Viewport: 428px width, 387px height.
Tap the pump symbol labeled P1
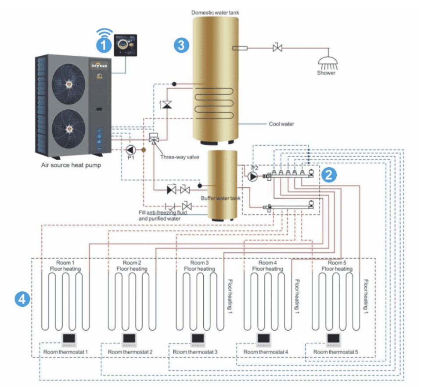pos(131,150)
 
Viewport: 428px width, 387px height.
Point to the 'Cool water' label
pos(281,124)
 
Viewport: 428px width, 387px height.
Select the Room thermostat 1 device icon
pos(69,339)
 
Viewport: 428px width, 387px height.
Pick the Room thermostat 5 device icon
pos(333,339)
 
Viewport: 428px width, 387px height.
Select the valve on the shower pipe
pos(277,47)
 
